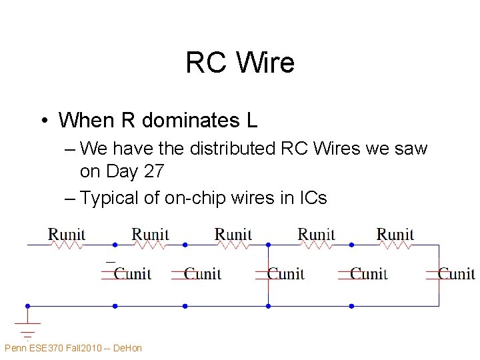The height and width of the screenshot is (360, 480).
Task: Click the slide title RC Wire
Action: [x=240, y=63]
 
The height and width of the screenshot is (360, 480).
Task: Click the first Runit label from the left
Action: [x=67, y=234]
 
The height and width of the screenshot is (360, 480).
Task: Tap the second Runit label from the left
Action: [x=150, y=234]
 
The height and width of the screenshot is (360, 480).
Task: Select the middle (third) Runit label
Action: [x=233, y=234]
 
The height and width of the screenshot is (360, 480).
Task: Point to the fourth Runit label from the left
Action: [x=317, y=234]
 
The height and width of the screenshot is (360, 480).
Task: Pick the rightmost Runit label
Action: [x=395, y=234]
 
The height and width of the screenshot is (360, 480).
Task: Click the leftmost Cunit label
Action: [x=133, y=273]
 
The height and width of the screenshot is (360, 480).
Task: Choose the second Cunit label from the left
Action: [x=203, y=273]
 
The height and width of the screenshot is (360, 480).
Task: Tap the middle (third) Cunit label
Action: [x=286, y=273]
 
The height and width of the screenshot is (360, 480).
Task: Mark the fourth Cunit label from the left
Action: [x=369, y=273]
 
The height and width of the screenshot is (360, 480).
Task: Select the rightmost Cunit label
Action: [x=457, y=273]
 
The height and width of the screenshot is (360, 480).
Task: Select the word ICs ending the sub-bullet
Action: [x=311, y=198]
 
